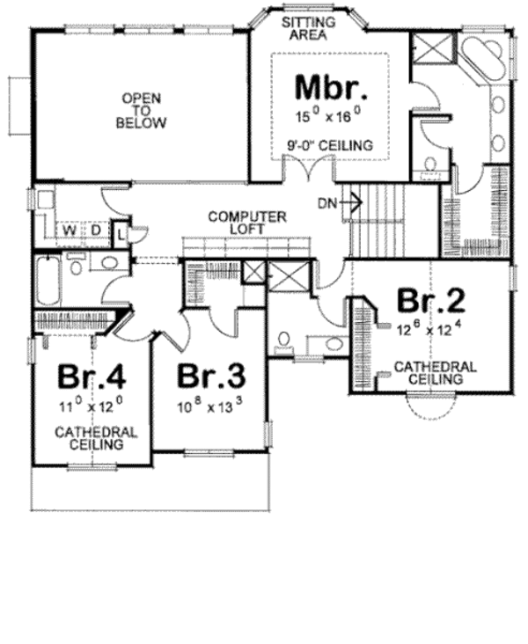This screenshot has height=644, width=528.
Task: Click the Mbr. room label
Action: coord(329,89)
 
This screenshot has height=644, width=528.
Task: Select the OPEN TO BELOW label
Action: coord(140,110)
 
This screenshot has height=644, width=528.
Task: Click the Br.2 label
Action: coord(429,302)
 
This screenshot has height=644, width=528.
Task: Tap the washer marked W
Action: coord(67,231)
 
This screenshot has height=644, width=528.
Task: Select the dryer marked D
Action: coord(95,231)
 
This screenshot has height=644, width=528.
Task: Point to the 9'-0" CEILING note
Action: coord(330,144)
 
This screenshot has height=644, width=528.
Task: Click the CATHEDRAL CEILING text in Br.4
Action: coord(96,438)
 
